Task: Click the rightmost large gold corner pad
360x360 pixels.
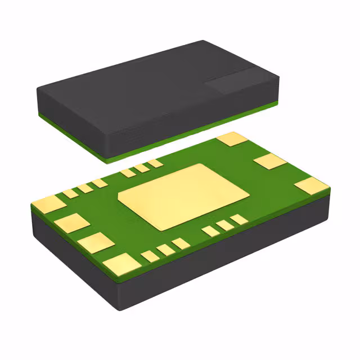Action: point(311,186)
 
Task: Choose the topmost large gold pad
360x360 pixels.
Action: point(232,139)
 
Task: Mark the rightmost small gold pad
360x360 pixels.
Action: point(239,219)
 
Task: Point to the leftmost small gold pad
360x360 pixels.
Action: point(70,193)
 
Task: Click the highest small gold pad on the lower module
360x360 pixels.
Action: point(155,163)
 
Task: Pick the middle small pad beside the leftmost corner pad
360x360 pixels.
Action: point(85,188)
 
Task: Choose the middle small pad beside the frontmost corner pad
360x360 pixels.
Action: point(165,250)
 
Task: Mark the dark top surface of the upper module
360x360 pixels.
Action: point(152,84)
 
